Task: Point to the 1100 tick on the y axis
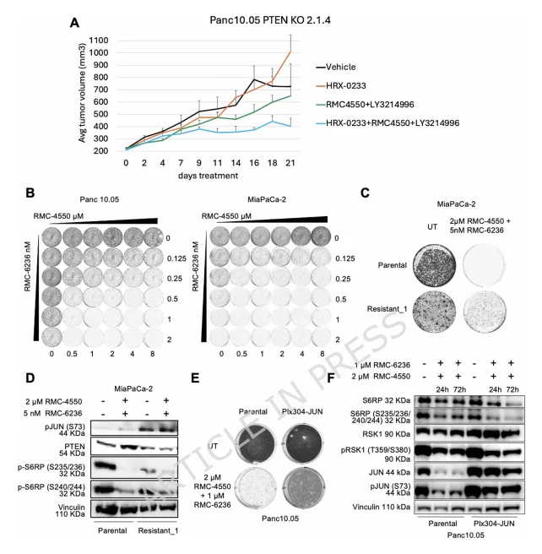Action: tap(99, 40)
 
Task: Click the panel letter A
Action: tap(74, 22)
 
